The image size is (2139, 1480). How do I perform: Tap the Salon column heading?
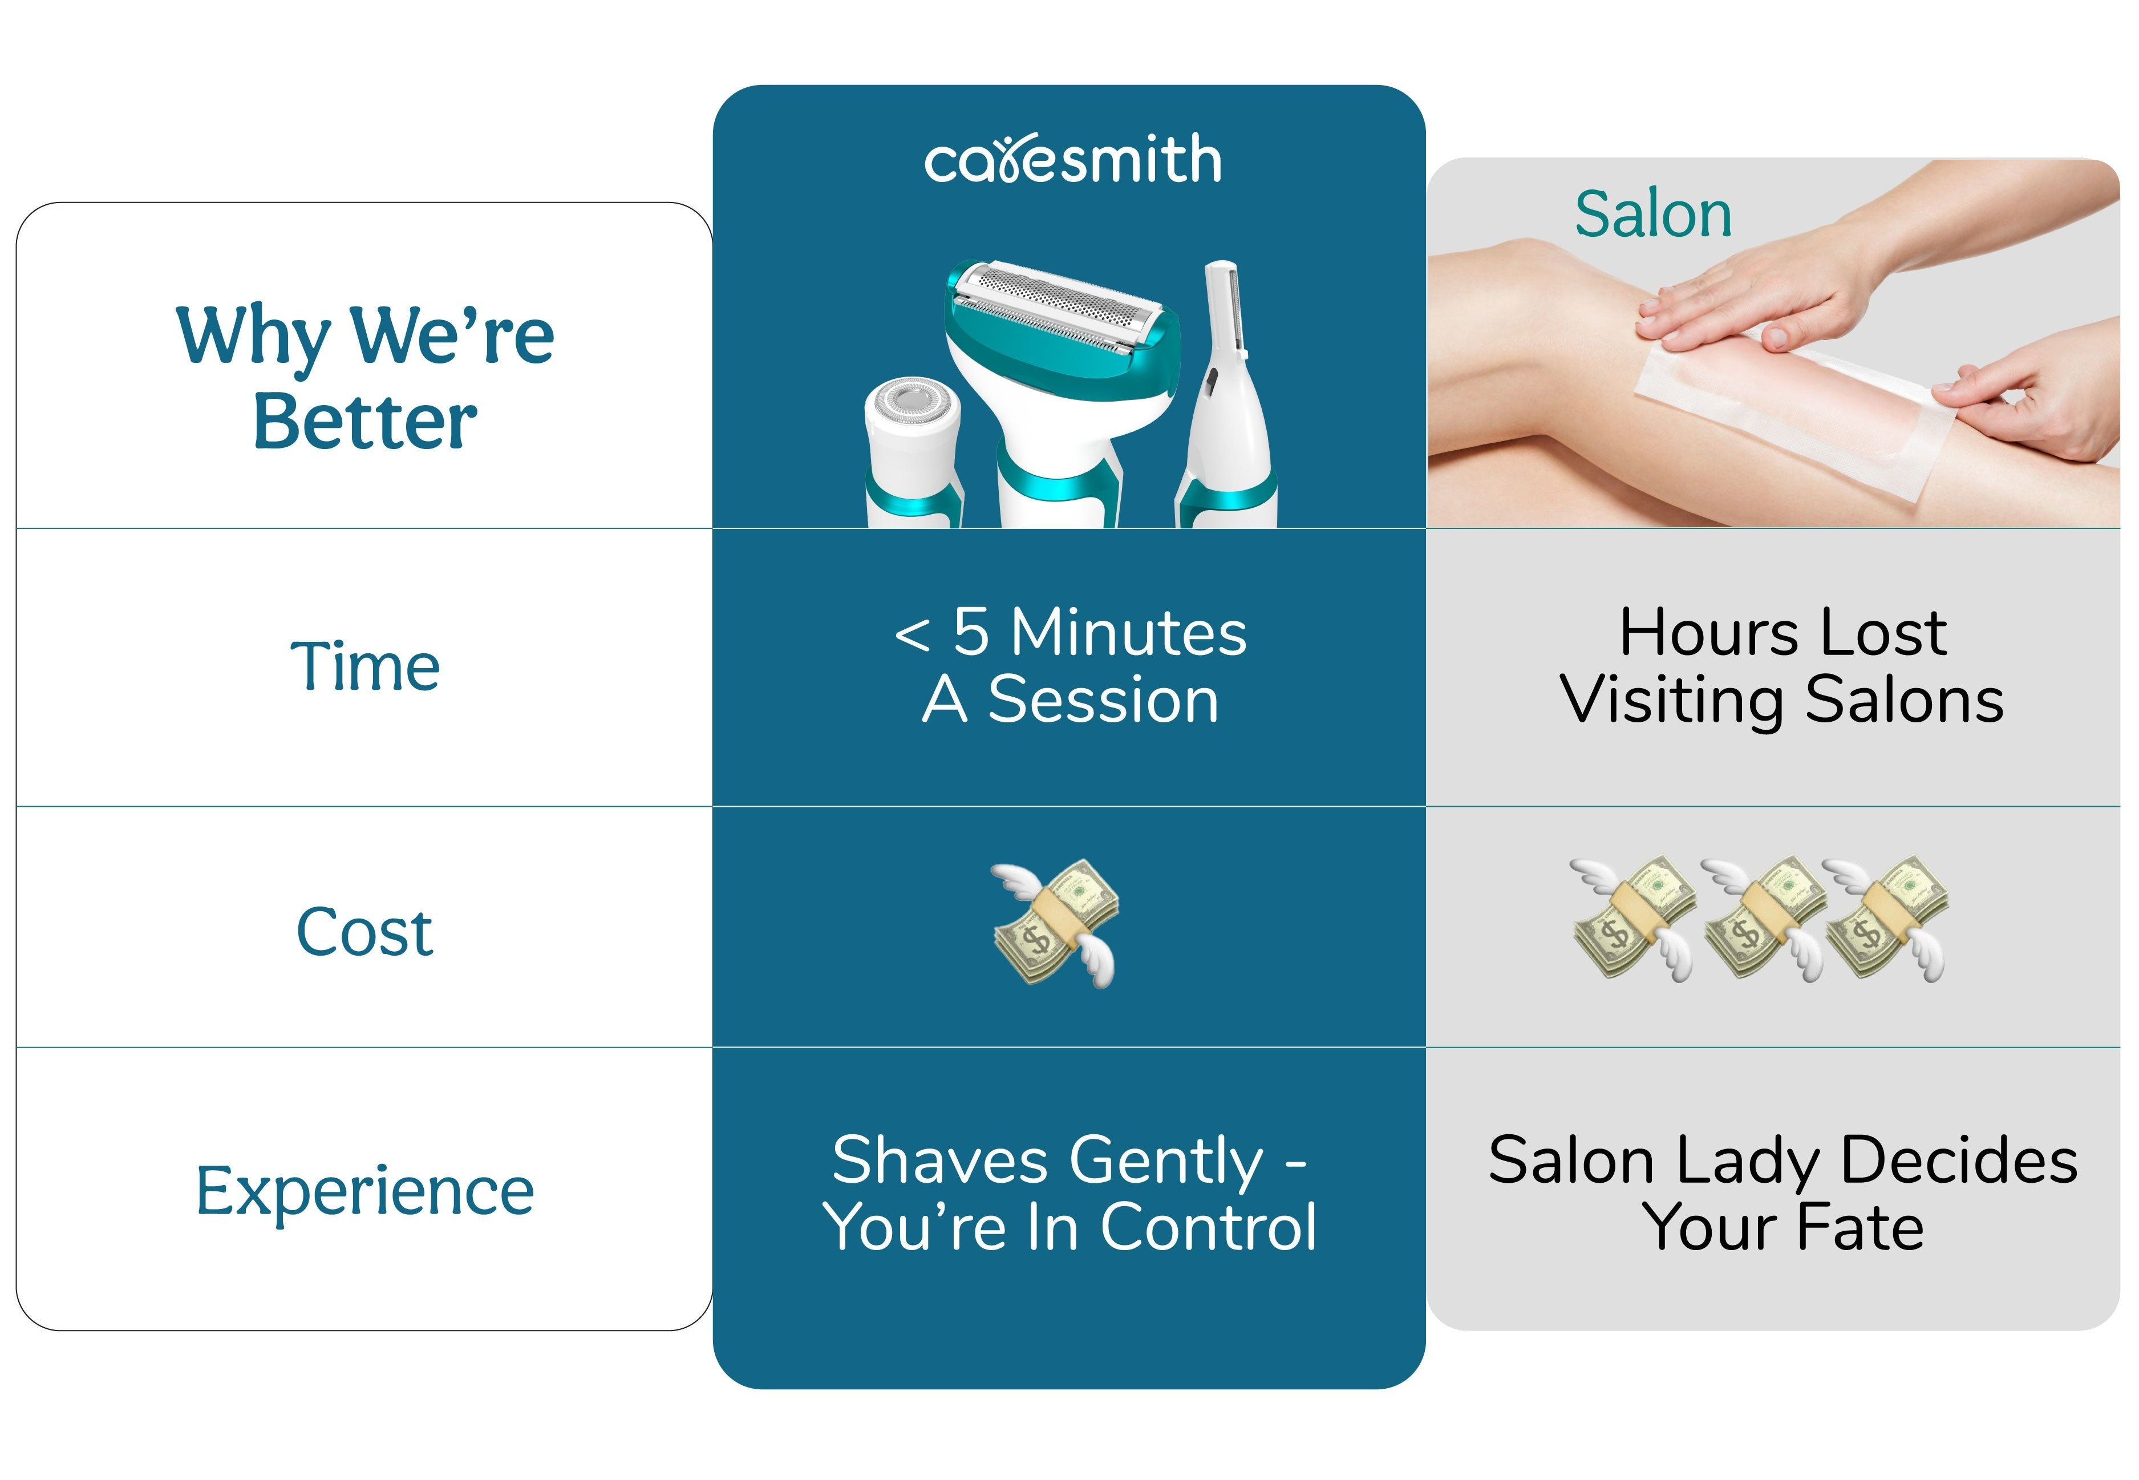coord(1653,214)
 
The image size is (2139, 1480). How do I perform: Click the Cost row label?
coord(364,931)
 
